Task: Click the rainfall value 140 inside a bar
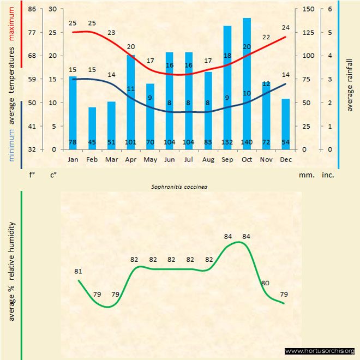coord(247,143)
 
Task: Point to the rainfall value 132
coord(227,143)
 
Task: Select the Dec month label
coord(285,159)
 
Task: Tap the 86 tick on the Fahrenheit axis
coord(32,9)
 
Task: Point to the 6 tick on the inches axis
coord(330,9)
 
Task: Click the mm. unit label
coord(306,176)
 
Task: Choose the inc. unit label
coord(328,176)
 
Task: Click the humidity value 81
coord(79,271)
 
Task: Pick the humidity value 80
coord(266,283)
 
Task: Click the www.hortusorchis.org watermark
coord(320,351)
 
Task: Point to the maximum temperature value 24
coord(285,27)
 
